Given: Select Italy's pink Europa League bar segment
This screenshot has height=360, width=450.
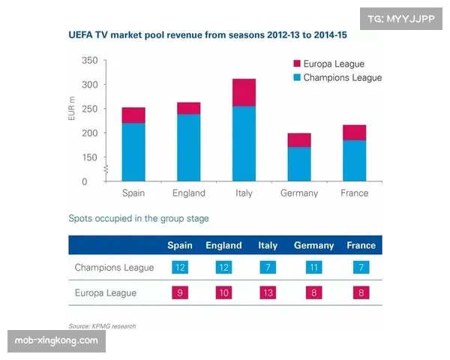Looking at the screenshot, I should (243, 92).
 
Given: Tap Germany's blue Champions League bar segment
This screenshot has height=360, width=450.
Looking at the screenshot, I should (299, 163).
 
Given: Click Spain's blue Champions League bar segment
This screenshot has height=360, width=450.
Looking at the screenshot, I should (133, 152).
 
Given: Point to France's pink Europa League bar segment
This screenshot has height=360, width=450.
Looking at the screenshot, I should (355, 132).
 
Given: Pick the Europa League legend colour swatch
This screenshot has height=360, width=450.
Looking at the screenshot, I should (297, 64).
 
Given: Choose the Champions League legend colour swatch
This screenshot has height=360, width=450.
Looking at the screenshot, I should (297, 77).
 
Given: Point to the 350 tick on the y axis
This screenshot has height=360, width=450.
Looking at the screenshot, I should (88, 60).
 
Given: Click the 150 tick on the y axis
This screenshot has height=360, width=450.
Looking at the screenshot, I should (88, 157).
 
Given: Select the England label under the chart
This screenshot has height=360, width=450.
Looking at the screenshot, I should (188, 193).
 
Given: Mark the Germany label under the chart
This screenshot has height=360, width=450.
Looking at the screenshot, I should (299, 193).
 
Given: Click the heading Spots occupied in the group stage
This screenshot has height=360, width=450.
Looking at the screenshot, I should (139, 219).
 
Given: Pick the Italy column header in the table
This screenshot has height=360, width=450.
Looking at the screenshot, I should (268, 245).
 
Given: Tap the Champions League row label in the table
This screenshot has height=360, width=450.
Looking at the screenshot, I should (114, 268).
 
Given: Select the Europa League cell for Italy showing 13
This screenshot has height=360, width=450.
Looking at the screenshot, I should (268, 292).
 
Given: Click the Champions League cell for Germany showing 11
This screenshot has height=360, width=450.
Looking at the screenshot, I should (313, 268).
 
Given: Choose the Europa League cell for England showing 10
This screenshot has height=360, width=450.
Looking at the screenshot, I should (223, 292).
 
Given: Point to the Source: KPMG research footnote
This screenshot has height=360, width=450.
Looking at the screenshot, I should (102, 326).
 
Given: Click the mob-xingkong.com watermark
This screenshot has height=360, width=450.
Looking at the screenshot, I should (56, 341).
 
